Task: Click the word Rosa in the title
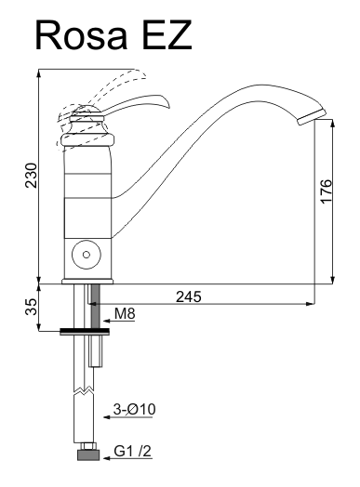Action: point(82,34)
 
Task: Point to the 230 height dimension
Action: point(31,175)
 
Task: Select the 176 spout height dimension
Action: point(326,191)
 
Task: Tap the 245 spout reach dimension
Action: point(189,296)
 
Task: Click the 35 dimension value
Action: point(31,307)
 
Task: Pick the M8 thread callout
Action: point(125,313)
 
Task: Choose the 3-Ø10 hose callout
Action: point(134,409)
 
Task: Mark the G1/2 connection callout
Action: point(133,452)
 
